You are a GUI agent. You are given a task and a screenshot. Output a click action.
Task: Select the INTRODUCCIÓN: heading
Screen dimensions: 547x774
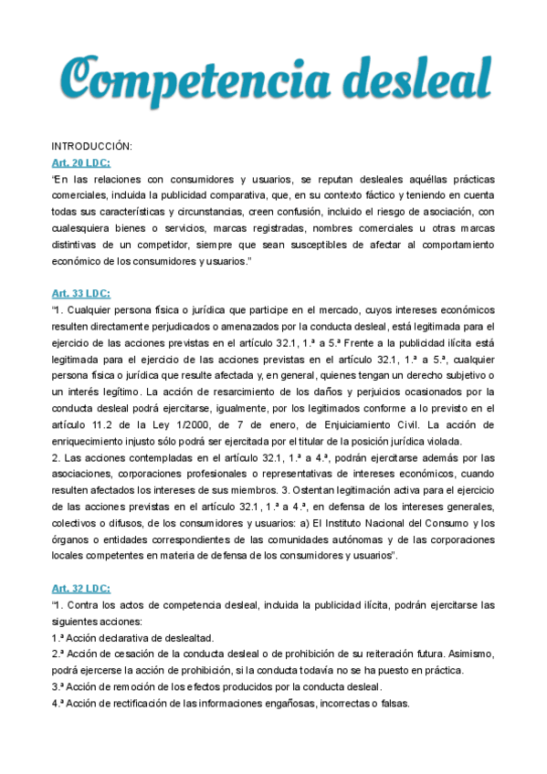click(92, 146)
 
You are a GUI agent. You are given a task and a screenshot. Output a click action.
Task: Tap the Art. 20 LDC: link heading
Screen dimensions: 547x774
click(81, 162)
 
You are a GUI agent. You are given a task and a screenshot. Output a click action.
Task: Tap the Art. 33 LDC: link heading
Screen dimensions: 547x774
click(81, 293)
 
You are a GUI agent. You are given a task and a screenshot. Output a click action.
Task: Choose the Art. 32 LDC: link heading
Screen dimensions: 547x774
click(81, 589)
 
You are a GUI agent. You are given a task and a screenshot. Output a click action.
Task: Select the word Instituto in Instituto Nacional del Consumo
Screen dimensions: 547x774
click(395, 523)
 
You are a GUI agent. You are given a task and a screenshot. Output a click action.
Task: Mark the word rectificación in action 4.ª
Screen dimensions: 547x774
click(136, 704)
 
